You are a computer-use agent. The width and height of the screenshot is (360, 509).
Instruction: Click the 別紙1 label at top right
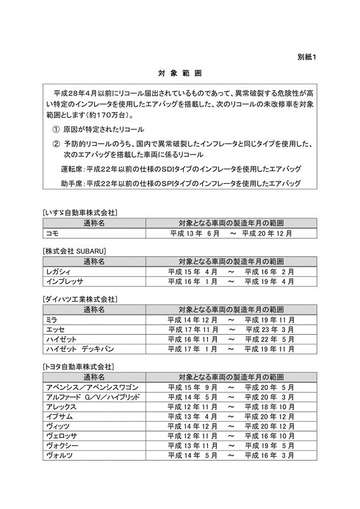tap(307, 57)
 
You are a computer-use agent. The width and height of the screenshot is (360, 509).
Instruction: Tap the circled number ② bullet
tap(56, 144)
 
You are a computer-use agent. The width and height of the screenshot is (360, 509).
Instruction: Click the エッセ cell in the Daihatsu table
tap(55, 330)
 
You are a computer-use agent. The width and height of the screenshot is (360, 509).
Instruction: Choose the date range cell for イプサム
tap(231, 417)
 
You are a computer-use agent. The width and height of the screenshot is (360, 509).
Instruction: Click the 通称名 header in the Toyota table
tap(93, 377)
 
